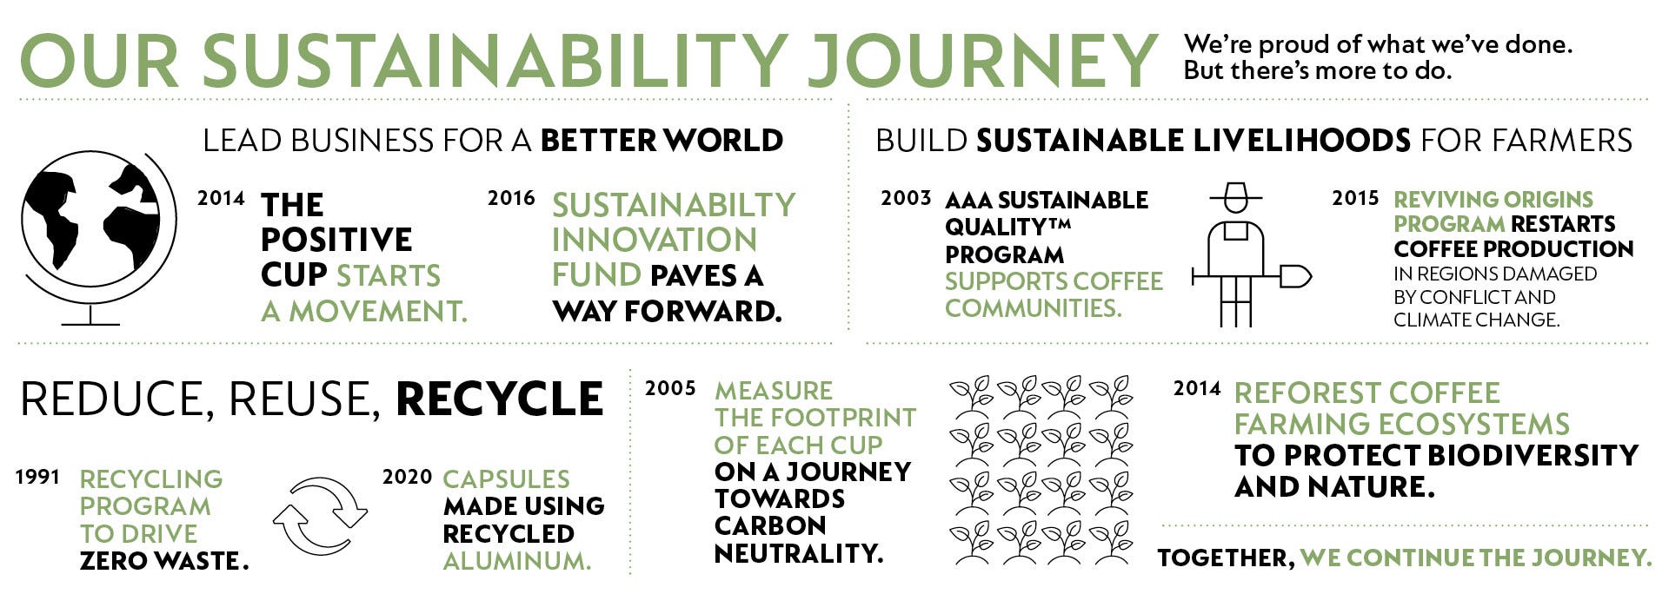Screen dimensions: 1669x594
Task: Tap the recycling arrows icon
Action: pos(320,516)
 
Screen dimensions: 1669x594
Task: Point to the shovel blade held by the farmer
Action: pos(1294,277)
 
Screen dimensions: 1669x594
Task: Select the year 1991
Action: pos(38,477)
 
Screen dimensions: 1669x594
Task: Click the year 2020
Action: pos(407,477)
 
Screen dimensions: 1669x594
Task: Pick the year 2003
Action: pos(906,198)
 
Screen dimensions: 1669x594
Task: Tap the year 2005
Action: pos(670,388)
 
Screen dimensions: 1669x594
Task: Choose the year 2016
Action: pos(511,198)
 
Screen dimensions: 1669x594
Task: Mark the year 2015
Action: pos(1355,198)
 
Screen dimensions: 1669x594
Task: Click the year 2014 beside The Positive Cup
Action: pos(221,198)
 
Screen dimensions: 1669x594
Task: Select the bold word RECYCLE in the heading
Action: pos(500,399)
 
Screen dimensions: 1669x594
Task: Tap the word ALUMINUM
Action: pos(517,561)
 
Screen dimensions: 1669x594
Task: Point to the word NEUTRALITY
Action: pos(799,553)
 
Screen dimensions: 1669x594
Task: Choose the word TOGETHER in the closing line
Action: pos(1226,558)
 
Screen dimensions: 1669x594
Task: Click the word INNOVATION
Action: pos(655,240)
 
